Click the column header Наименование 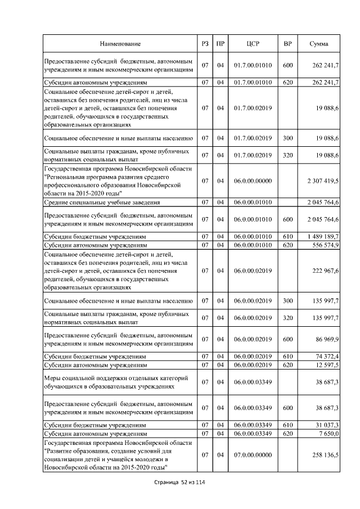coord(120,44)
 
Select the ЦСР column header coord(253,44)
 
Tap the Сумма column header coord(319,44)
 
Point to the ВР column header coord(287,44)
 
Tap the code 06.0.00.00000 coord(253,181)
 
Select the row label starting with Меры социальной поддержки coord(116,382)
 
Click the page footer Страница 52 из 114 coord(179,483)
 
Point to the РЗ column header coord(205,44)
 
